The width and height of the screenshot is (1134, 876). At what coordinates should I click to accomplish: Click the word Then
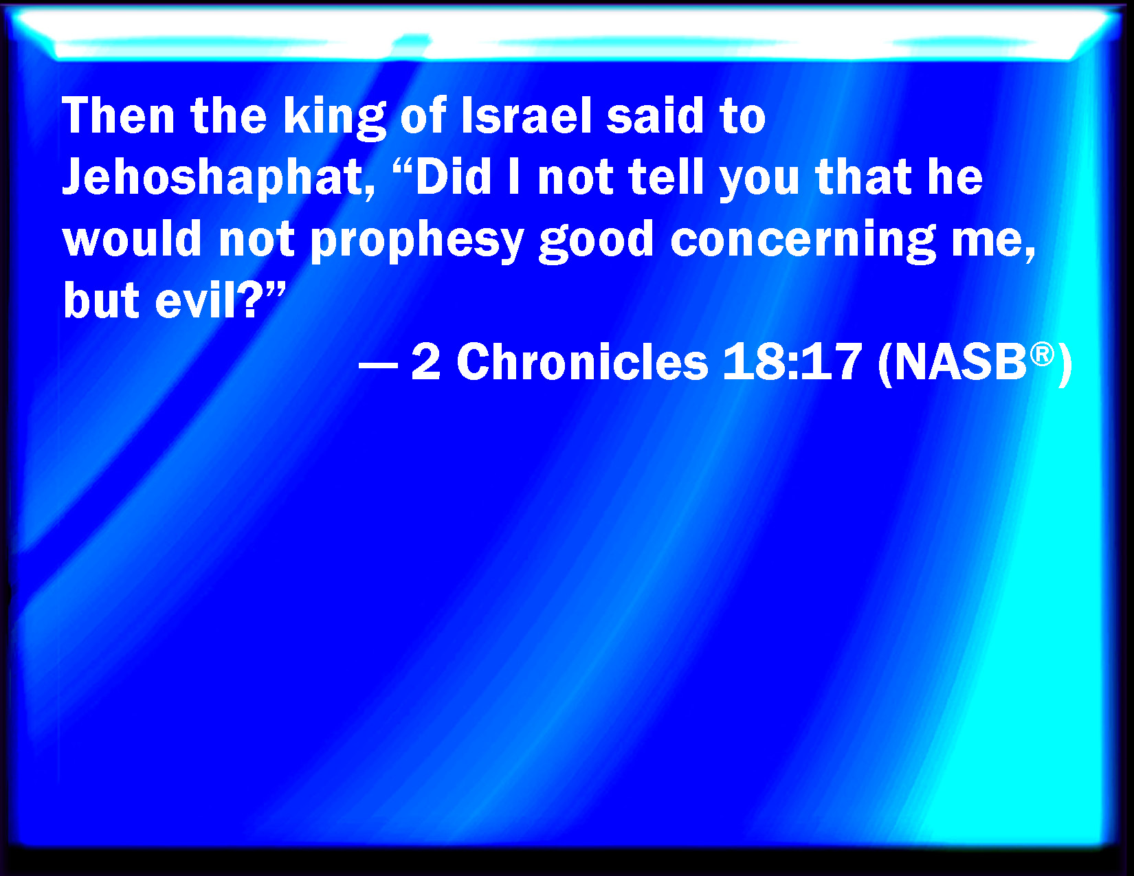pos(118,116)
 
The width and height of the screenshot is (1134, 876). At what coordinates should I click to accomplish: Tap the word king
pos(335,118)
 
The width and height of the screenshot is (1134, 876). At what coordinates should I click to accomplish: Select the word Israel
pos(527,115)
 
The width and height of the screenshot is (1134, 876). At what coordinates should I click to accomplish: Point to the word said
pos(655,115)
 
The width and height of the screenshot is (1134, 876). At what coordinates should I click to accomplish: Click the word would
pos(132,238)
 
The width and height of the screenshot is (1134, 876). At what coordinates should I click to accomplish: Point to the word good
pos(596,241)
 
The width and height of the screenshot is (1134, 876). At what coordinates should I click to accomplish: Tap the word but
pos(101,300)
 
